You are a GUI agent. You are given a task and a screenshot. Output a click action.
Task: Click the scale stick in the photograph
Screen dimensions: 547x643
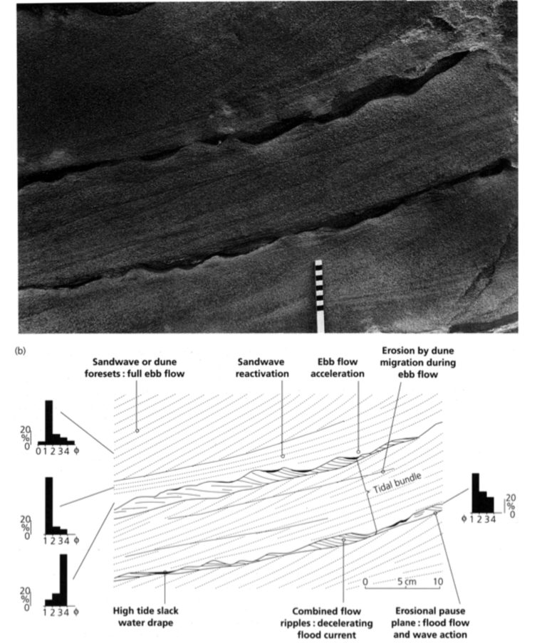tap(319, 296)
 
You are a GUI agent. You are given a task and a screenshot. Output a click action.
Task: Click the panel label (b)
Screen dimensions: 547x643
tap(20, 351)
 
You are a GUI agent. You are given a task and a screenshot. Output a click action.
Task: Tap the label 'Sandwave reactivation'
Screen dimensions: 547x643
tap(262, 368)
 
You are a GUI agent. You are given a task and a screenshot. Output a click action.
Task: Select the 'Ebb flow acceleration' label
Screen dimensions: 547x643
tap(337, 368)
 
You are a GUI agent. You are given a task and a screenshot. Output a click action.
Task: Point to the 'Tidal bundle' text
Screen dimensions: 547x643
tap(397, 483)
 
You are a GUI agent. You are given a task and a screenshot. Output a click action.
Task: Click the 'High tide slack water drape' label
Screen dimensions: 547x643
tap(146, 617)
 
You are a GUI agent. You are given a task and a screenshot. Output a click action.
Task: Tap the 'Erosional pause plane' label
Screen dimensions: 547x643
tap(430, 622)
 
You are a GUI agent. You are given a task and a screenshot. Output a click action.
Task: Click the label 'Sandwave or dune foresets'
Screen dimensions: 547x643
tap(135, 368)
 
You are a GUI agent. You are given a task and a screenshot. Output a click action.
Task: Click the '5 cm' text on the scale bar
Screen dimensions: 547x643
tap(406, 582)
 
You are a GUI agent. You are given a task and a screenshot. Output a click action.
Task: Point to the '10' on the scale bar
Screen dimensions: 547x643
tap(438, 582)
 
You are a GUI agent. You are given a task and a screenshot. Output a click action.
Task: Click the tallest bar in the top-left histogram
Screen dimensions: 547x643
tap(49, 422)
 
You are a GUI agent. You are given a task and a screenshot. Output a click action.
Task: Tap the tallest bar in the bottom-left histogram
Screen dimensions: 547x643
tap(63, 580)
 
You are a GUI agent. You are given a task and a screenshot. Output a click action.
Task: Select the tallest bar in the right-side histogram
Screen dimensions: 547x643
tap(476, 493)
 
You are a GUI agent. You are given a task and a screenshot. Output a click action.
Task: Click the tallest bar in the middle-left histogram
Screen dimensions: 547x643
tap(49, 506)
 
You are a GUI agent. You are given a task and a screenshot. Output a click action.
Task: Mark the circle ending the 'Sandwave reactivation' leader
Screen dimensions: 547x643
tap(283, 456)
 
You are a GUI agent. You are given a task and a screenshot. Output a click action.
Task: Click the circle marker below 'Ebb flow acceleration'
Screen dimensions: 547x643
tap(358, 452)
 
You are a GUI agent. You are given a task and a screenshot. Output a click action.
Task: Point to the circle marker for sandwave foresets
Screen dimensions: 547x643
tap(137, 430)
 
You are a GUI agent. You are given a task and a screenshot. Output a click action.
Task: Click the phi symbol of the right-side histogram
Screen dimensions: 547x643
tap(464, 519)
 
